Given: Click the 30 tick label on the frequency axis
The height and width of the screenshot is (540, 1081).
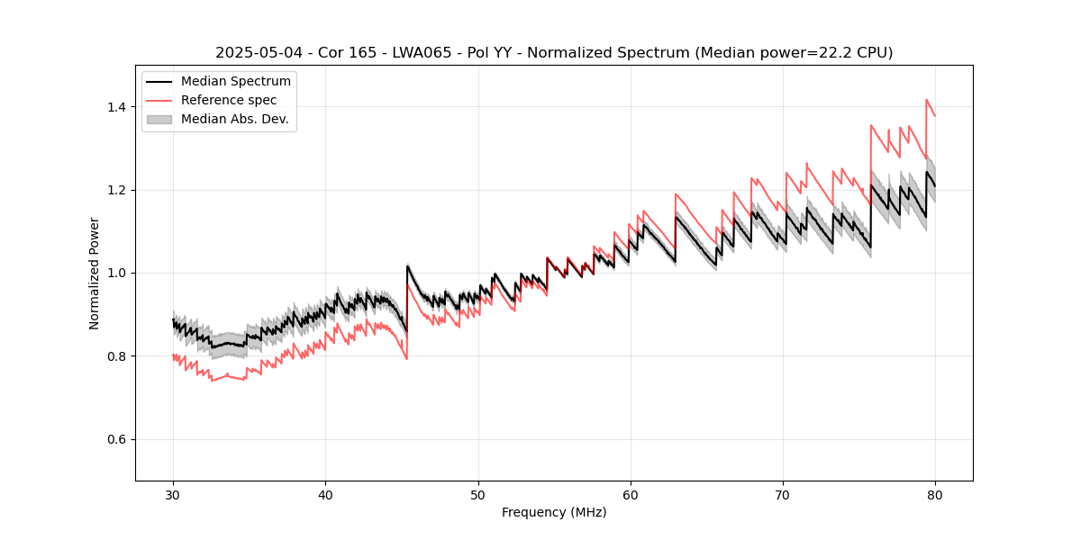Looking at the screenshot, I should point(173,494).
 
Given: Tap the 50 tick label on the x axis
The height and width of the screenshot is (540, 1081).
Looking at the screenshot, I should point(477,494).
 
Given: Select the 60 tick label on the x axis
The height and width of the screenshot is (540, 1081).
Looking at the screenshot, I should point(630,494).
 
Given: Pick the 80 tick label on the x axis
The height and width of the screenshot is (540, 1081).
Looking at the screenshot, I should point(935,494).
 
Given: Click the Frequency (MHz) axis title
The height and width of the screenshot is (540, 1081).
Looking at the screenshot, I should point(554,512).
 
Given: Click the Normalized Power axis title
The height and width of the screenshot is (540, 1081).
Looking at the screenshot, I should point(95,273).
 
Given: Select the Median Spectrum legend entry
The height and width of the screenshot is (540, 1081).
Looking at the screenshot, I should point(235,82).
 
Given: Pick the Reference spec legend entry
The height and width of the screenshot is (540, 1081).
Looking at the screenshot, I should point(229,100).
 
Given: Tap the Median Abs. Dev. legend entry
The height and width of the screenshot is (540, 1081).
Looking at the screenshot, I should point(234,119).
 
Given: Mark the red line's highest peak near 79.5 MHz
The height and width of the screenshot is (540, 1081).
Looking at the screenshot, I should point(926,100).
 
